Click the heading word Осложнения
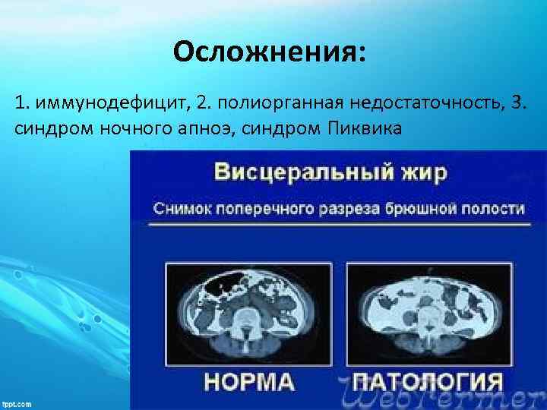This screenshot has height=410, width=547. [x=269, y=52]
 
